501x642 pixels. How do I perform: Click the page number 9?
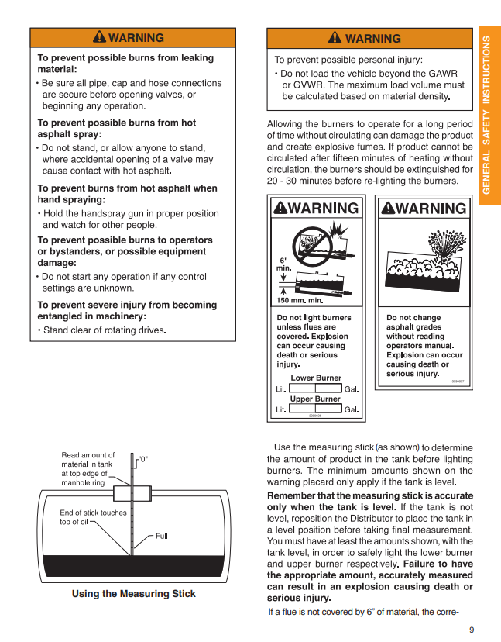471,629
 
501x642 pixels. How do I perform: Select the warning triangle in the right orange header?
335,38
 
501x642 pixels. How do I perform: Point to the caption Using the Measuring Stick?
133,594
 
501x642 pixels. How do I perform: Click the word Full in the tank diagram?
161,536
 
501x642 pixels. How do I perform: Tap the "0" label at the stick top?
142,459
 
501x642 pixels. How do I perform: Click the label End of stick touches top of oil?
93,517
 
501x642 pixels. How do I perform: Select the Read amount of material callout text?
88,469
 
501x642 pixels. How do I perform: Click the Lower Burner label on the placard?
315,378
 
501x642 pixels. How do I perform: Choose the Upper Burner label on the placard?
315,399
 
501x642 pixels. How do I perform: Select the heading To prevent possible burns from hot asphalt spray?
116,128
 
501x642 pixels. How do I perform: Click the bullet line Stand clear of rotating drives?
104,330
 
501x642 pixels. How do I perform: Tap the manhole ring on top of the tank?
132,493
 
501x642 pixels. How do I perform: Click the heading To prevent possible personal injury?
348,60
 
